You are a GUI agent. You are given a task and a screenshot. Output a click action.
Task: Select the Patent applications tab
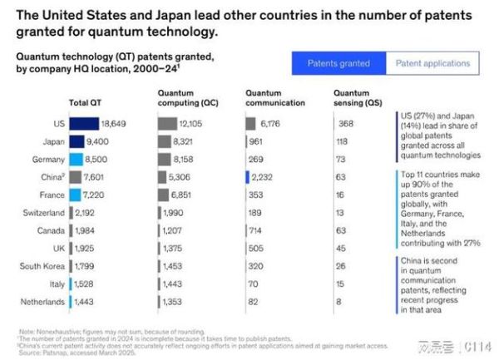click(432, 63)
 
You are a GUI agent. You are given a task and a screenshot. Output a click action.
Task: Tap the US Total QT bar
click(84, 123)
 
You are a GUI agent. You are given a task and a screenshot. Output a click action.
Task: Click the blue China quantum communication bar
click(248, 176)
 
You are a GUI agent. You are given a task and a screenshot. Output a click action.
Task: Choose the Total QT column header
click(84, 103)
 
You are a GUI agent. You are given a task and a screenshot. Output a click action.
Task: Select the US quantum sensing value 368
click(348, 123)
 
